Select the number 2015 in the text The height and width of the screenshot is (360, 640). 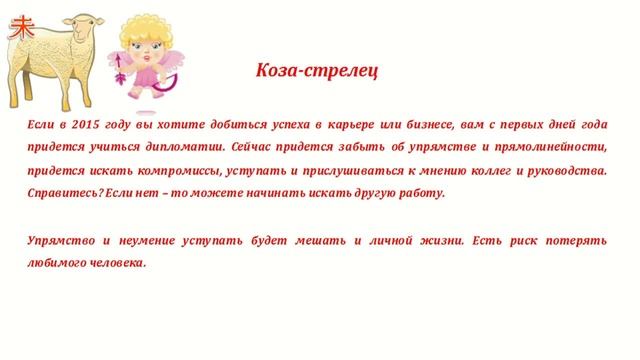pyautogui.click(x=90, y=124)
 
